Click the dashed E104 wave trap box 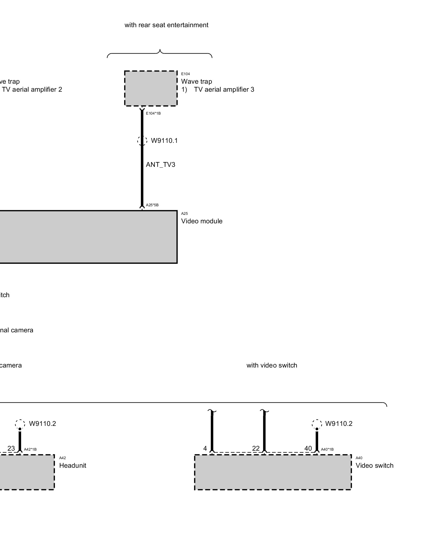[x=151, y=88]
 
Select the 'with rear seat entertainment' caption [x=166, y=25]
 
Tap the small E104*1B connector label [x=153, y=113]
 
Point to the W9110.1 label [x=164, y=140]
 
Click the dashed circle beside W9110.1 [x=142, y=140]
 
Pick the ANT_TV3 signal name [x=160, y=165]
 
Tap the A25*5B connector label [x=152, y=205]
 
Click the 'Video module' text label [x=202, y=221]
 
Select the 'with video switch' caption [x=272, y=365]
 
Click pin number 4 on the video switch [x=205, y=449]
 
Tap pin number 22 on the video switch [x=256, y=449]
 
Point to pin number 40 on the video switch [x=308, y=449]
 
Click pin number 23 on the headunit [x=11, y=449]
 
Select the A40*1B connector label [x=327, y=449]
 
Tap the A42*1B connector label [x=30, y=449]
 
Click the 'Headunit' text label [x=73, y=466]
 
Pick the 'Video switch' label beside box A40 [x=374, y=466]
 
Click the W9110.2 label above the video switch [x=339, y=424]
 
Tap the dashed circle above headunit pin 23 [x=20, y=423]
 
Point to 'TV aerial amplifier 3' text [x=224, y=90]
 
